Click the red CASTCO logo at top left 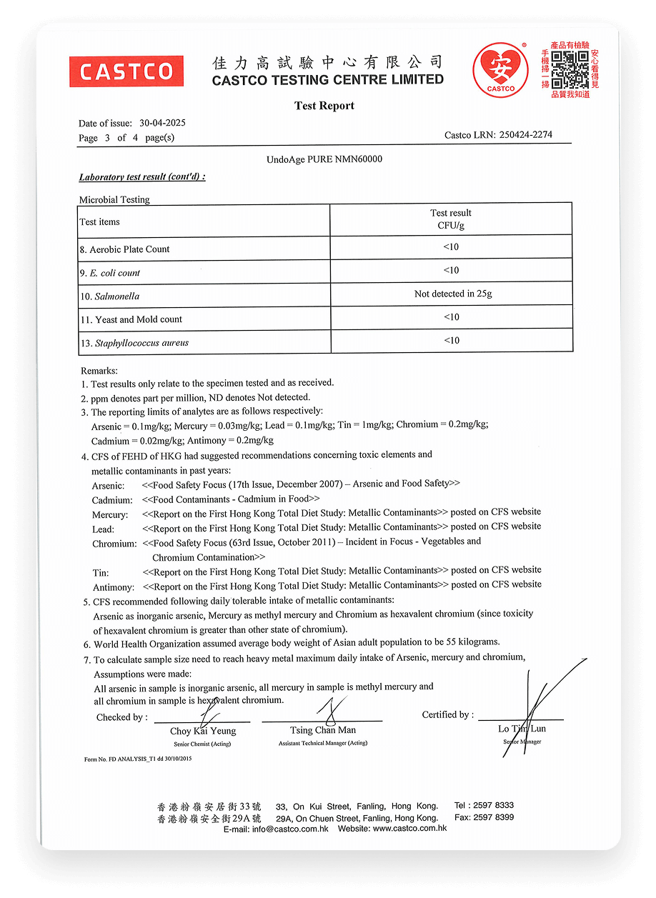(x=126, y=71)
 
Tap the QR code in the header (x=570, y=69)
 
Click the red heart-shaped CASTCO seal (x=501, y=69)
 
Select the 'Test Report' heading (x=324, y=106)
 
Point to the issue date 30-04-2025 (x=162, y=123)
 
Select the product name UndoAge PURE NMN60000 (x=324, y=159)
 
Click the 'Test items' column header (x=100, y=222)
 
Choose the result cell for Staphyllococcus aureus (x=451, y=340)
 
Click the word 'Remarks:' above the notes (x=99, y=371)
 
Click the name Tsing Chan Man (x=323, y=730)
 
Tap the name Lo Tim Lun (x=522, y=729)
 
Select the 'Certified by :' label (x=447, y=714)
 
